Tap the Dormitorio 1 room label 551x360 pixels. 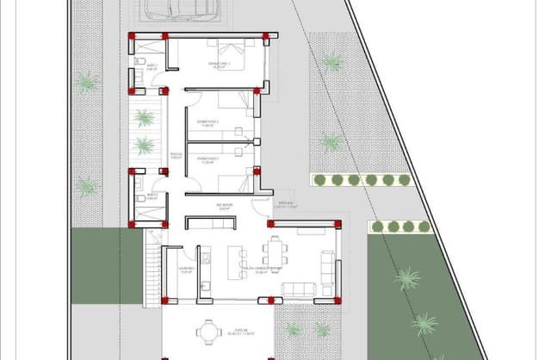[220, 65]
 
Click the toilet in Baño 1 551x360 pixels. [139, 62]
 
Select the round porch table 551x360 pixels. [207, 331]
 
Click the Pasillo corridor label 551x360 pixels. [175, 157]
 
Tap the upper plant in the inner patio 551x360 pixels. [145, 117]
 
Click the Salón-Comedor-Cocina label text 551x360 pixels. [262, 270]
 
